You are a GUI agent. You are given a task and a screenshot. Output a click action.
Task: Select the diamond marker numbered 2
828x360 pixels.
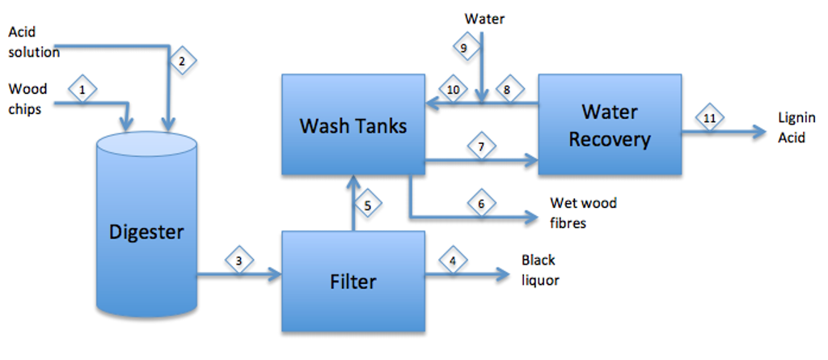[182, 61]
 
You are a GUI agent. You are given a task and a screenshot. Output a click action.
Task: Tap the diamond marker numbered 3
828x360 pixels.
[239, 260]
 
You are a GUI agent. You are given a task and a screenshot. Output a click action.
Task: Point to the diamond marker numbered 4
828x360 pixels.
[453, 260]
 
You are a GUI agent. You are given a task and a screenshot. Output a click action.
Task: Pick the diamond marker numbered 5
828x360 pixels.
[367, 205]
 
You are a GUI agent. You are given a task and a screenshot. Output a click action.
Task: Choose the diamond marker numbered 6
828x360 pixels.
[481, 204]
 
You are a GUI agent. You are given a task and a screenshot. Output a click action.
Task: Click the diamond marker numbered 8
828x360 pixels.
[508, 90]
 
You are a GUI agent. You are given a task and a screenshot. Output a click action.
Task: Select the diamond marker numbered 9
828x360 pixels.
[463, 49]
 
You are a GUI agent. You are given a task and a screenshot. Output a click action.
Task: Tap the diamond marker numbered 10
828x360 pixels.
[453, 90]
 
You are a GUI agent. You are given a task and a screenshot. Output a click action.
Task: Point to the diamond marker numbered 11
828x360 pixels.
[710, 119]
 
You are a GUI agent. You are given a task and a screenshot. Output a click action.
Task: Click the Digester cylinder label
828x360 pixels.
[146, 233]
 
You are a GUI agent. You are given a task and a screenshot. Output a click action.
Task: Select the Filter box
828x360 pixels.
[353, 282]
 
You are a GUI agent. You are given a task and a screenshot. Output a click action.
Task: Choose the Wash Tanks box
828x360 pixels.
[353, 125]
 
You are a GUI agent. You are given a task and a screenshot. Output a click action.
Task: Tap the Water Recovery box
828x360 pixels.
[609, 125]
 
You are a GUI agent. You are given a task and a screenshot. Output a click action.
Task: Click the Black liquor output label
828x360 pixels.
[539, 270]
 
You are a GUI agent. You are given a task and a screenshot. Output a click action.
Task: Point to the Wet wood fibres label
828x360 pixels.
[582, 213]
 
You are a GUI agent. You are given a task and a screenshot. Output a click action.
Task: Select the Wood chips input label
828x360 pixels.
[27, 99]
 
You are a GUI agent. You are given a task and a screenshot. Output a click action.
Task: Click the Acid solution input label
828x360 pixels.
[33, 42]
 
